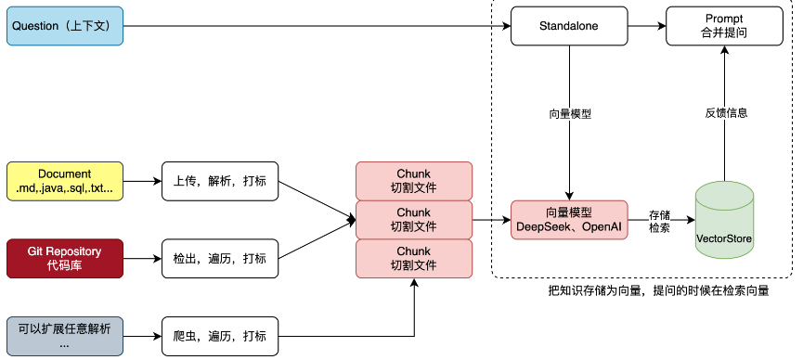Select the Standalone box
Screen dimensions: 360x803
pos(568,26)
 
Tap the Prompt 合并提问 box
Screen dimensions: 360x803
pos(724,26)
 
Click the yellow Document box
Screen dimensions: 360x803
pos(65,181)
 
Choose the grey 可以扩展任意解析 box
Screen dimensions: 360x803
pos(65,335)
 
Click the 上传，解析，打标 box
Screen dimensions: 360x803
pos(220,181)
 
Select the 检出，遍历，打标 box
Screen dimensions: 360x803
pos(220,258)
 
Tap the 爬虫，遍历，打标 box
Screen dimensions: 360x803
pos(220,335)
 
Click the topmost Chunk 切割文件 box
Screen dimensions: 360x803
pos(414,181)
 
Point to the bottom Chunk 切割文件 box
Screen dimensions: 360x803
pos(414,259)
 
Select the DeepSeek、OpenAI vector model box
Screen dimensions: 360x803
pos(568,220)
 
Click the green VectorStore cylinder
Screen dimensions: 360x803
pos(725,220)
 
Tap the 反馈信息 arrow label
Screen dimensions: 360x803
pos(725,113)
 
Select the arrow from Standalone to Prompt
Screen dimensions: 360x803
pos(645,26)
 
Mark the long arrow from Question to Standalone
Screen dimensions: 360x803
pos(316,26)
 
